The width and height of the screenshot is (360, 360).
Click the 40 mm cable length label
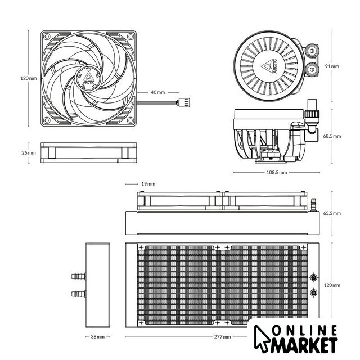point(157,92)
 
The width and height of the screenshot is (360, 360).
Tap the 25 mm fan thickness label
point(29,152)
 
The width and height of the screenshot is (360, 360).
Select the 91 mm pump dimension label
point(332,66)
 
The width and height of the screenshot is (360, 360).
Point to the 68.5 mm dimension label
point(332,136)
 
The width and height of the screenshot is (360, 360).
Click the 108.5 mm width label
point(277,173)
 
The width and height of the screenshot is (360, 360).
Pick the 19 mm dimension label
point(148,184)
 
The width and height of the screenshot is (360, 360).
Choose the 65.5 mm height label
point(332,213)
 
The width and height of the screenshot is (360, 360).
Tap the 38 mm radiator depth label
point(98,337)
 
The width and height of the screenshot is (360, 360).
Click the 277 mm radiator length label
point(223,337)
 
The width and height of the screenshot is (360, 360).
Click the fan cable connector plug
point(183,102)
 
